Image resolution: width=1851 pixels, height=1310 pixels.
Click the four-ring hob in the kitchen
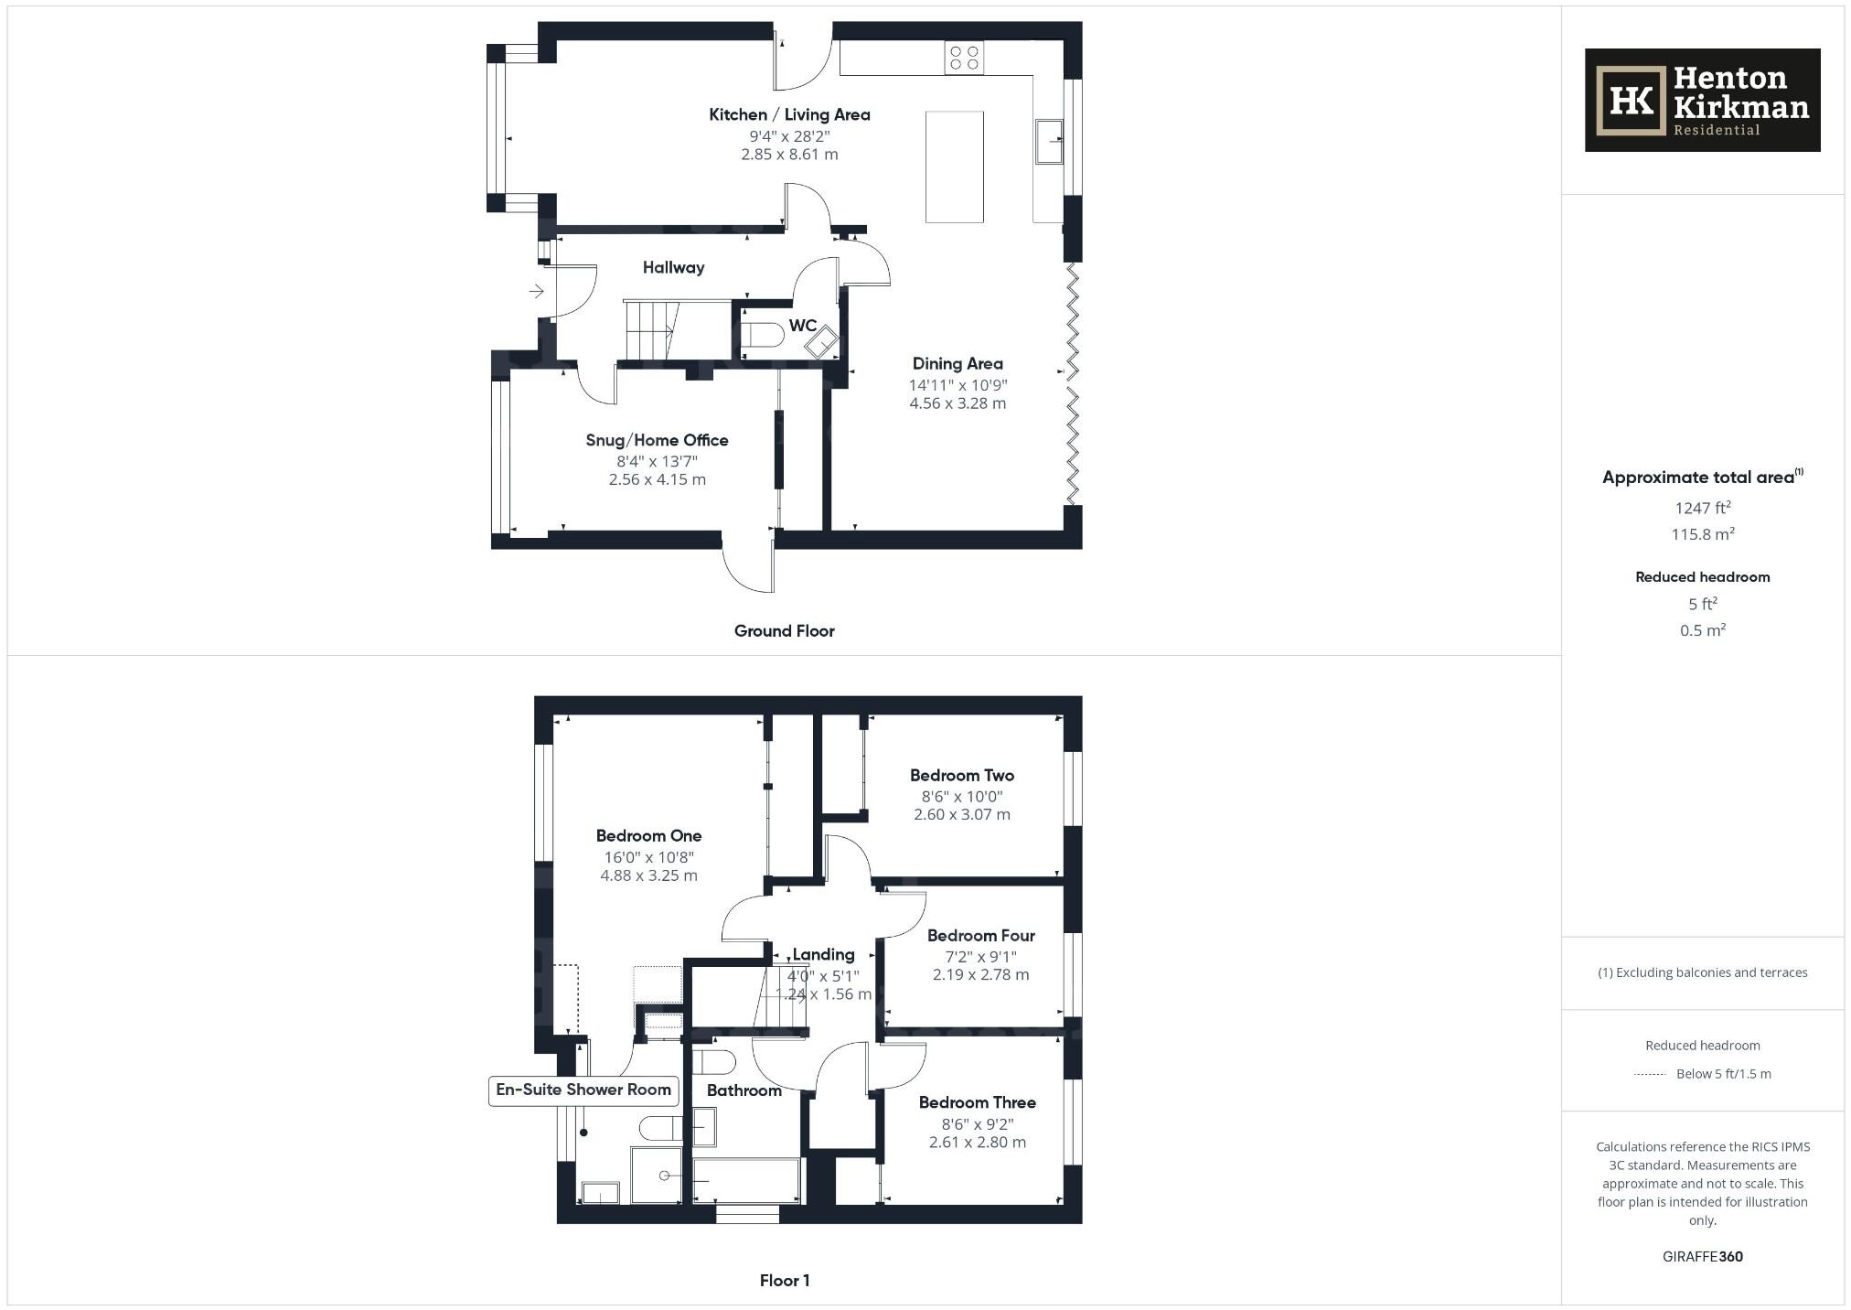coord(964,58)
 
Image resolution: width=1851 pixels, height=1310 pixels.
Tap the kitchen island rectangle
coord(954,166)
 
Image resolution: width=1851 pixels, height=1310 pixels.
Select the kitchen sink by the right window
coord(1048,141)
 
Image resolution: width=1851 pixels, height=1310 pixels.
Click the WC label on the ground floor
coord(802,326)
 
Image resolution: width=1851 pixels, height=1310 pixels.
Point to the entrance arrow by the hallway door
coord(536,291)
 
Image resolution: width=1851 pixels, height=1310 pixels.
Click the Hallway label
coord(673,268)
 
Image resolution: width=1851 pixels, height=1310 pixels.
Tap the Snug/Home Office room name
coord(657,440)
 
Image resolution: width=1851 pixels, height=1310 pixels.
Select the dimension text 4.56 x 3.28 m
coord(957,403)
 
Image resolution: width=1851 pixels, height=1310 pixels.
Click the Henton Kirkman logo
coord(1701,101)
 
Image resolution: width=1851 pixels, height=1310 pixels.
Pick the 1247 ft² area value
coord(1702,508)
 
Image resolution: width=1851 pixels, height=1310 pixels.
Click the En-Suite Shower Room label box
coord(583,1090)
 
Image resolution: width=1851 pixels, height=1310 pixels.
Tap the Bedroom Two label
coord(961,775)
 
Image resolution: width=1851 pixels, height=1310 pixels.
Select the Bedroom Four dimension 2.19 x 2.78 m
coord(980,975)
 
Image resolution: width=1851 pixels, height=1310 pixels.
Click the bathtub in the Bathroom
coord(747,1180)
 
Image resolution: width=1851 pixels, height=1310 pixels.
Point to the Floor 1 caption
coord(784,1281)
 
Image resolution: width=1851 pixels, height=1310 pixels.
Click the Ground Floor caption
coord(784,631)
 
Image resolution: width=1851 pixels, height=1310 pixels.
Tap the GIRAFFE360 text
coord(1702,1257)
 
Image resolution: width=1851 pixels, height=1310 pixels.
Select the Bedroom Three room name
coord(977,1102)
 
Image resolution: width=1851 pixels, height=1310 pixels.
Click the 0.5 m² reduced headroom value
coord(1702,630)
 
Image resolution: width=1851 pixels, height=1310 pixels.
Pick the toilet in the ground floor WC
coord(762,336)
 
